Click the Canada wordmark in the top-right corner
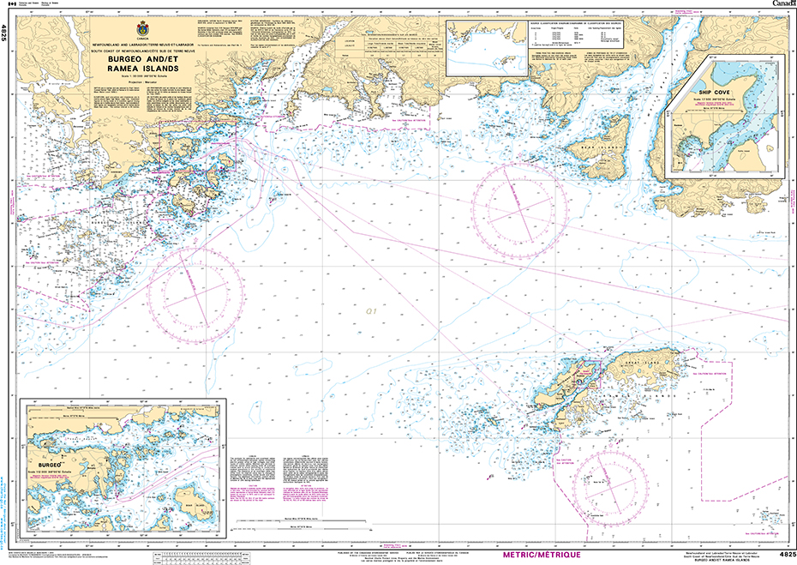(781, 4)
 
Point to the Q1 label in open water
(370, 312)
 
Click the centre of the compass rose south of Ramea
(612, 487)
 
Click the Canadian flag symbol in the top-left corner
(10, 4)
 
